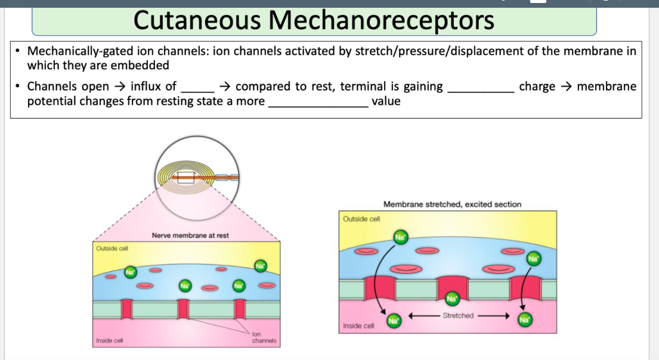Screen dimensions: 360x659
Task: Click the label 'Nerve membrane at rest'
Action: pyautogui.click(x=190, y=235)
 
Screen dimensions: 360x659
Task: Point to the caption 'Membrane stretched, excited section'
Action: pyautogui.click(x=452, y=204)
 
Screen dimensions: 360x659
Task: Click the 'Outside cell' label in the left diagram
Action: pyautogui.click(x=112, y=248)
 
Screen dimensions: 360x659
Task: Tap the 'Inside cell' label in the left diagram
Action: pyautogui.click(x=110, y=341)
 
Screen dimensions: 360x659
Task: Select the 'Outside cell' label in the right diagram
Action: pyautogui.click(x=361, y=219)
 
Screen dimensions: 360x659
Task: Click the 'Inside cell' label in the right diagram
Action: pyautogui.click(x=359, y=326)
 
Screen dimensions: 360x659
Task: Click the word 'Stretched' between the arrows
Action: pyautogui.click(x=458, y=316)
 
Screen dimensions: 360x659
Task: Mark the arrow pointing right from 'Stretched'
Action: pyautogui.click(x=493, y=316)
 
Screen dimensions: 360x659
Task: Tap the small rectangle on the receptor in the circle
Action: pyautogui.click(x=185, y=177)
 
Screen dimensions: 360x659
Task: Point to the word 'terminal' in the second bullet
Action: pyautogui.click(x=375, y=86)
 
